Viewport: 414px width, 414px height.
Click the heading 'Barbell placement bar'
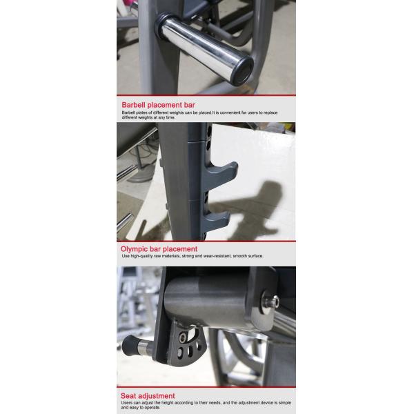coord(158,105)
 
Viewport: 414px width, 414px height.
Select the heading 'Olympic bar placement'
coord(159,249)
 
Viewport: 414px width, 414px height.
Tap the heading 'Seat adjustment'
coord(148,396)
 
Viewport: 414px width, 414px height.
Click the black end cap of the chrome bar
coord(244,70)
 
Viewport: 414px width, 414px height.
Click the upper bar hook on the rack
coord(221,173)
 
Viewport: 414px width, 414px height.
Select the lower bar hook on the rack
coord(216,219)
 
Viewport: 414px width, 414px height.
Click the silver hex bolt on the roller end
coord(271,301)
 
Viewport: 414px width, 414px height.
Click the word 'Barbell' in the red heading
coord(133,105)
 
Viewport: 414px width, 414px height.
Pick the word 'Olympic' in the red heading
coord(134,249)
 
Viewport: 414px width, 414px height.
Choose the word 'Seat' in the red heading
coord(128,396)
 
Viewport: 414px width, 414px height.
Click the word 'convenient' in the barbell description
coord(230,112)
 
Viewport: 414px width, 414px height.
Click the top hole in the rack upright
coord(209,130)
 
